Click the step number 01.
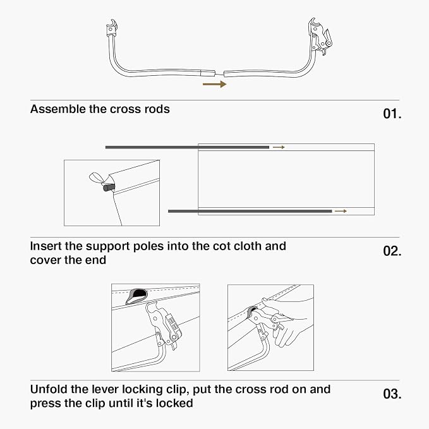click(x=392, y=114)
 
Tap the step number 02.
click(x=392, y=251)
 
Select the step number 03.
click(x=392, y=394)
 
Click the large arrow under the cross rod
click(x=215, y=84)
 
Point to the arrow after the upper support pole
click(x=279, y=147)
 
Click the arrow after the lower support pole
click(x=341, y=211)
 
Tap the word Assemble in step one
click(x=58, y=109)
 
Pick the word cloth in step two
click(x=245, y=246)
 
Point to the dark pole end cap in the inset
click(x=109, y=188)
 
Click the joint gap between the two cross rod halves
click(x=219, y=73)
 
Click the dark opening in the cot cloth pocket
click(x=139, y=293)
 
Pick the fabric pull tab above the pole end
click(x=97, y=178)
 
